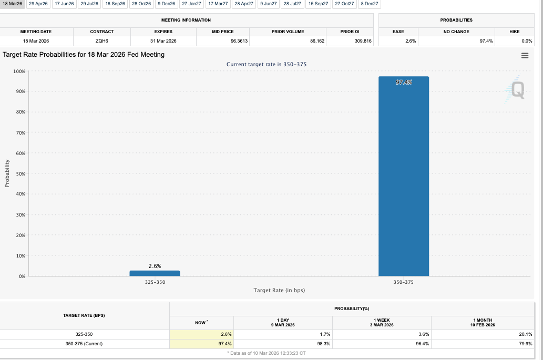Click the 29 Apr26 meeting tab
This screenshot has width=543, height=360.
click(x=38, y=4)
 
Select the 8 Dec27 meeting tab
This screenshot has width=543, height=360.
click(x=370, y=4)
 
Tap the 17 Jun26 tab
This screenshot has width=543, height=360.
click(x=64, y=4)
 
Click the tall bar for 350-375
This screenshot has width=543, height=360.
click(x=403, y=176)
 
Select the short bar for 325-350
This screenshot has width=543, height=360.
click(x=155, y=273)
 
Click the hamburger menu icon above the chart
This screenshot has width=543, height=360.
click(x=524, y=56)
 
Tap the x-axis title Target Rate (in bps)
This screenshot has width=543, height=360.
click(x=279, y=291)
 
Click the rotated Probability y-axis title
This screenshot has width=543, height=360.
click(x=7, y=173)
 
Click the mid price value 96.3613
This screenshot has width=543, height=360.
click(x=239, y=41)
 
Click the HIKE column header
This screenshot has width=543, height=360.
click(x=514, y=32)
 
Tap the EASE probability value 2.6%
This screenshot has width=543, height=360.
click(x=411, y=41)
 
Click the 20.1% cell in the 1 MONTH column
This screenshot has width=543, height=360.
click(x=525, y=334)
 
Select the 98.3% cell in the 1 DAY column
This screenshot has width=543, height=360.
click(x=324, y=344)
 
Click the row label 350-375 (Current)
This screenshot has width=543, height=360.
click(x=84, y=344)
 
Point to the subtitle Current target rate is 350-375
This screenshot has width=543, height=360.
click(x=266, y=64)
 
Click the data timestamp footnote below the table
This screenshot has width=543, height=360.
click(x=267, y=353)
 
